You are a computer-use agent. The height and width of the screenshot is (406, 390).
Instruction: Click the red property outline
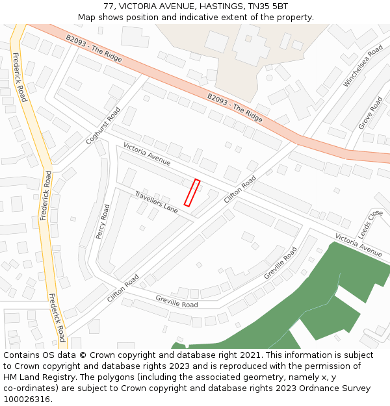pos(192,193)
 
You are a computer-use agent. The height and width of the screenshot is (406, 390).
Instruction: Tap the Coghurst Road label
pos(103,126)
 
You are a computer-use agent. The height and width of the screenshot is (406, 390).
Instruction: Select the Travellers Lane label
pos(156,202)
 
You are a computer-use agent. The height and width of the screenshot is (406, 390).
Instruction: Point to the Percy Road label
pos(103,222)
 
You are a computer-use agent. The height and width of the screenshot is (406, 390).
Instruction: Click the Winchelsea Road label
pos(363,66)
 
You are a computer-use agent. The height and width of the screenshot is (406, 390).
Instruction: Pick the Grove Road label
pos(370,113)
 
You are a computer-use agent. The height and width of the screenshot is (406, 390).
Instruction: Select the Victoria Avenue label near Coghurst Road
pos(147,154)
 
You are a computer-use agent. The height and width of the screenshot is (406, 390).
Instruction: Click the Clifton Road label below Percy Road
pos(123,288)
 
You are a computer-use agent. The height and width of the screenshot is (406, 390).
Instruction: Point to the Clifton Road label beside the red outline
pos(240,189)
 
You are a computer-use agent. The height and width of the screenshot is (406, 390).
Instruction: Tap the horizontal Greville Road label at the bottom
pos(177,301)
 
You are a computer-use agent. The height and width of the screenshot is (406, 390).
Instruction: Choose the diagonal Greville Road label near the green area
pos(280,263)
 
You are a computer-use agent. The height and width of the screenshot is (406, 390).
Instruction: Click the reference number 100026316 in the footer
pos(27,400)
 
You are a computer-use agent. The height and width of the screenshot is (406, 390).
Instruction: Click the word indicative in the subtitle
pos(205,18)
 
